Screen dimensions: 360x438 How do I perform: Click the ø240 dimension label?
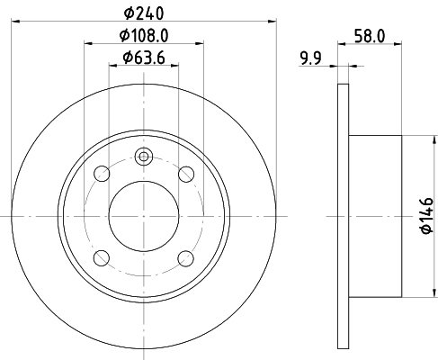[x=144, y=12]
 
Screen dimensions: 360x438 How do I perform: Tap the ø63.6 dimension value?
[x=144, y=60]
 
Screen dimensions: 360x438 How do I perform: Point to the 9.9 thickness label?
[x=311, y=60]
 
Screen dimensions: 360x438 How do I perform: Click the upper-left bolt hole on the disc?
[x=102, y=174]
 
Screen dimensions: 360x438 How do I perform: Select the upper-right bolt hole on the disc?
[x=186, y=174]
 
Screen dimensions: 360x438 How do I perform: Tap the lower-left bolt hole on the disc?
[x=102, y=258]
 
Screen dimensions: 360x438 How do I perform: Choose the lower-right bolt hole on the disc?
[x=186, y=258]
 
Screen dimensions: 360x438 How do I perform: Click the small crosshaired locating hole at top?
[x=144, y=157]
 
